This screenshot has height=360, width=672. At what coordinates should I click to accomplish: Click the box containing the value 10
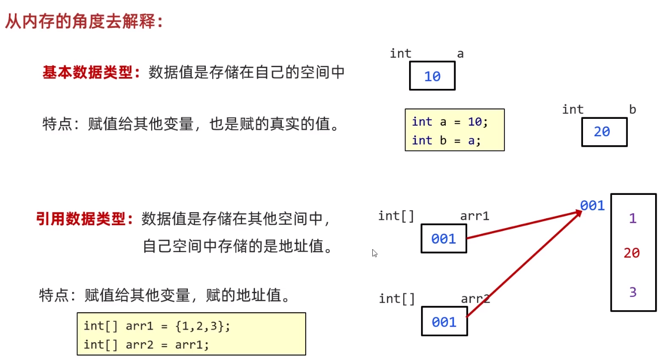click(432, 76)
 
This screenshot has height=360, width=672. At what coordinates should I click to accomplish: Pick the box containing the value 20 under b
click(604, 132)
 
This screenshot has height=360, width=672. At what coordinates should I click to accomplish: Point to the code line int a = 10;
click(450, 122)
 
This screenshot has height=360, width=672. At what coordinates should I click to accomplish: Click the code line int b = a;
click(446, 140)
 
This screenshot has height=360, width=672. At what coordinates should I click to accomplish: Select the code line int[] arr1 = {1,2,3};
click(157, 326)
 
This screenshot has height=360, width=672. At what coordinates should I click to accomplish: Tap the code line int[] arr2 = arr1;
click(146, 345)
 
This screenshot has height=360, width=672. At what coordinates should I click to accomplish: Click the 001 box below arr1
click(444, 239)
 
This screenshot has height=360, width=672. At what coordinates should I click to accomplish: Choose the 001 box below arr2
click(444, 321)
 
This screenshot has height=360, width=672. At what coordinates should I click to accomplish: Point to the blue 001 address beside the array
click(592, 205)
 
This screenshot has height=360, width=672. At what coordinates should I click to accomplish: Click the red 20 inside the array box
click(632, 253)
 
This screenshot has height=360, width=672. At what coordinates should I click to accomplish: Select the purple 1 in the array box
click(633, 218)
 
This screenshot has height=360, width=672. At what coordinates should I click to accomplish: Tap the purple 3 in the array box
click(633, 292)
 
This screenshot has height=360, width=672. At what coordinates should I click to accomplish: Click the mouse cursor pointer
click(374, 253)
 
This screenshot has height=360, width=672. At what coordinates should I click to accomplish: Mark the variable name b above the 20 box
click(632, 109)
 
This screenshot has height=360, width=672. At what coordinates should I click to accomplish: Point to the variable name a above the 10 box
click(460, 54)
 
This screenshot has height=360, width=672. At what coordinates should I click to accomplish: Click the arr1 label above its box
click(475, 216)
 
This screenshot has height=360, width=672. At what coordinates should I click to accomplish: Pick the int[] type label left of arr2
click(397, 299)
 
